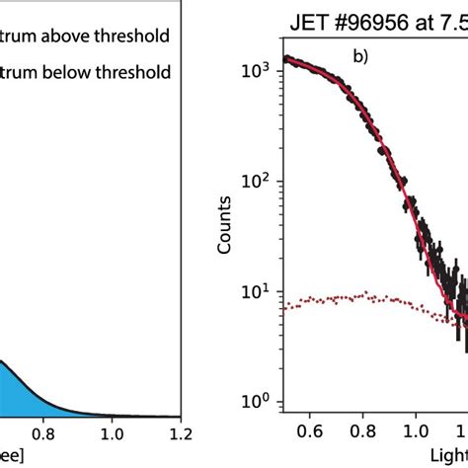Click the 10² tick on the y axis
point(259,181)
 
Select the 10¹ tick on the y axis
point(259,291)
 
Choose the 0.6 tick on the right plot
point(310,430)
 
